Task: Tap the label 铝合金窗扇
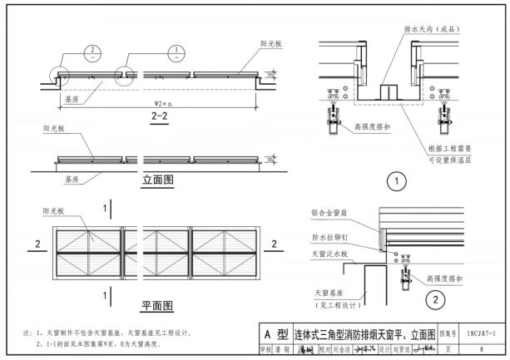(329, 211)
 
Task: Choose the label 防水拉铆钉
(329, 238)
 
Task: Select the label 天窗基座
(329, 293)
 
